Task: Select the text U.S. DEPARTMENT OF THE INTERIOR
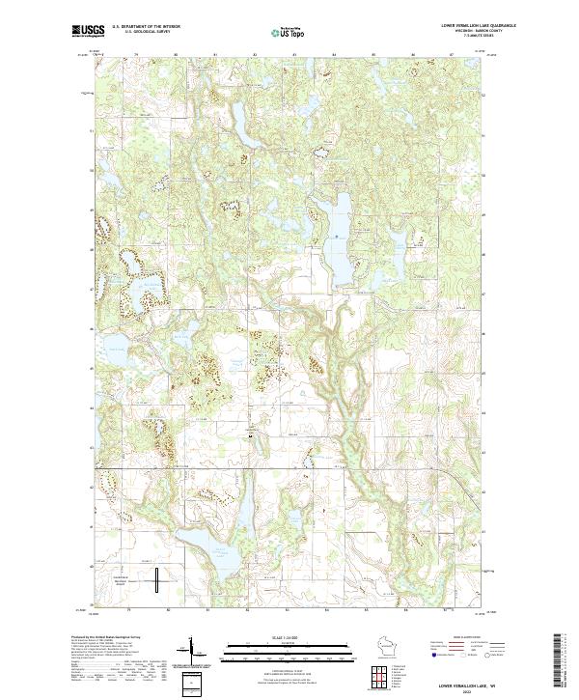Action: coord(146,27)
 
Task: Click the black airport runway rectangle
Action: coord(156,580)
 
